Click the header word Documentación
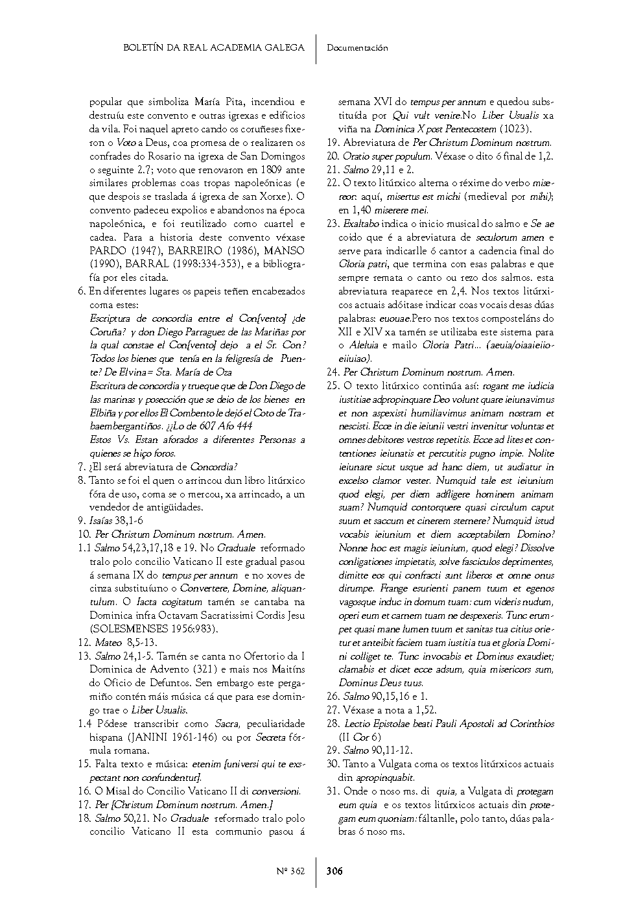(357, 47)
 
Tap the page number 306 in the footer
(334, 871)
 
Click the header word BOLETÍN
(143, 47)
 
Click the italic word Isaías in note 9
(109, 521)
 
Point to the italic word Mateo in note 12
(108, 643)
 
